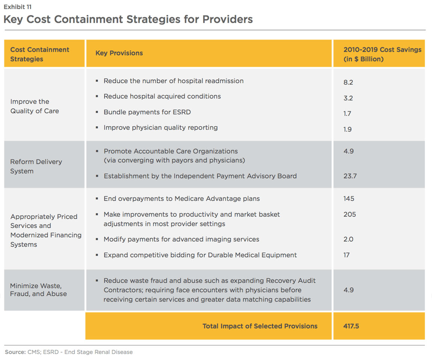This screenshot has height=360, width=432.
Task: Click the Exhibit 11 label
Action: point(17,7)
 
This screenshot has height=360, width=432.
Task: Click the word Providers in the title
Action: point(228,19)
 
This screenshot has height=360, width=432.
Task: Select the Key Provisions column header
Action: point(119,53)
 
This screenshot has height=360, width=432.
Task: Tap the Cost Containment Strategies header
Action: point(40,54)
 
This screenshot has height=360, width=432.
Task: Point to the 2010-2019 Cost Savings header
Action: point(382,54)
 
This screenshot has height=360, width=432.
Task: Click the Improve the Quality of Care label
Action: point(35,106)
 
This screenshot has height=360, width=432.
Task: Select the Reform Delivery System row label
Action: point(36,166)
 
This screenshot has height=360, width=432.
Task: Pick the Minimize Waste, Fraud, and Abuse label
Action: point(38,290)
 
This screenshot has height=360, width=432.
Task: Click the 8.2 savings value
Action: point(348,82)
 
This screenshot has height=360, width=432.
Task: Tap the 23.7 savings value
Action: point(350,176)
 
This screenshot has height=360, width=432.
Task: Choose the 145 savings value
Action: point(349,199)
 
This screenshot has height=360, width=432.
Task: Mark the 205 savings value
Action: point(350,214)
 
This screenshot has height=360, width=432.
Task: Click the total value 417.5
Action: point(351,326)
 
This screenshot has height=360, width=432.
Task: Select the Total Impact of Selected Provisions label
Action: point(260,326)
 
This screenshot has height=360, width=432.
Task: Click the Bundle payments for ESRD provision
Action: point(147,112)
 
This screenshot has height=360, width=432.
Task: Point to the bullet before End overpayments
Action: point(97,199)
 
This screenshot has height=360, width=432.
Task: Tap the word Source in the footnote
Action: point(15,352)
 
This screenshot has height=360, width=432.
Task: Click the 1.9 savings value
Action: point(347,130)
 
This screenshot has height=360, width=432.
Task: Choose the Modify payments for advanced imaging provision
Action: point(181,239)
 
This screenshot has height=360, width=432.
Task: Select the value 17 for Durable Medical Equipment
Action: point(346,255)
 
